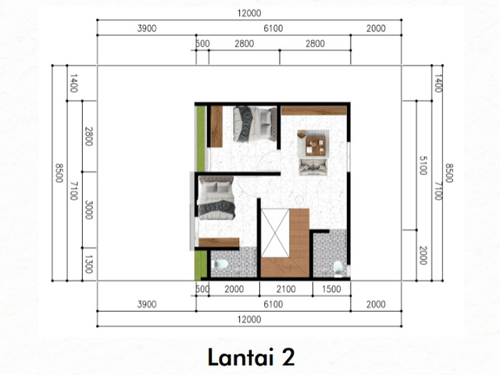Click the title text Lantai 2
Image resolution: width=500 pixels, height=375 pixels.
[x=252, y=357]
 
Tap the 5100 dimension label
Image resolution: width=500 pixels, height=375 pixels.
[x=423, y=166]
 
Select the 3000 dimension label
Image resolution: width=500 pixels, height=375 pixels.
[x=88, y=210]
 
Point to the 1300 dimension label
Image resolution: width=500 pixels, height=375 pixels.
[x=88, y=264]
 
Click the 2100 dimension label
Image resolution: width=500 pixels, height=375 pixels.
[x=286, y=289]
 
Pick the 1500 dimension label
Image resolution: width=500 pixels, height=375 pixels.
[x=331, y=289]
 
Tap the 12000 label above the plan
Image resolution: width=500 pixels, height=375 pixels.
[x=249, y=13]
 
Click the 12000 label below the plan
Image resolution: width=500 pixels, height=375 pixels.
[x=249, y=320]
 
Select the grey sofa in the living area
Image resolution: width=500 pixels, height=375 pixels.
[x=312, y=166]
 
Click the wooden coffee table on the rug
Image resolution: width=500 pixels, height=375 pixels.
[x=316, y=146]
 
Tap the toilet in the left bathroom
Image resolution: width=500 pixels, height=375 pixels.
[x=220, y=264]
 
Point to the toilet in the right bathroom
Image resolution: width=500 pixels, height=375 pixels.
[x=337, y=268]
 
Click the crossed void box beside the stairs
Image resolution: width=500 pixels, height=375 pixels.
[x=275, y=233]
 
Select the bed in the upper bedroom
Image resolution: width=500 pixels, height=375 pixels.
[x=255, y=124]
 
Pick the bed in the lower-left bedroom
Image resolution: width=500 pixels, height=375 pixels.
[x=216, y=198]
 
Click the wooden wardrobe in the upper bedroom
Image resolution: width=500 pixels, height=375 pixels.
[x=216, y=127]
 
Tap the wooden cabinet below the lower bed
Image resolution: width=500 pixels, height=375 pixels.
[x=219, y=242]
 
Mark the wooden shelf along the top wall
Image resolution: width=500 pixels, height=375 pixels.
[x=314, y=110]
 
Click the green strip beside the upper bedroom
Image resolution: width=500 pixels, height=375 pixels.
[x=200, y=138]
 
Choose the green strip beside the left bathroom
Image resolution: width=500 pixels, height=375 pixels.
[x=201, y=265]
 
